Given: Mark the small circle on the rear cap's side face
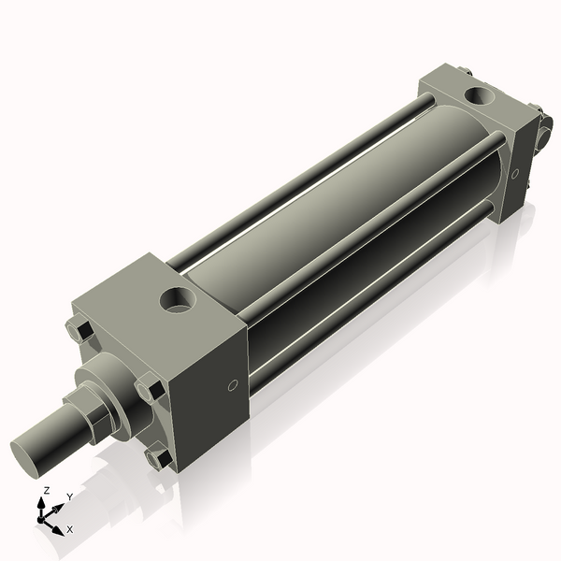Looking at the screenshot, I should (x=514, y=174).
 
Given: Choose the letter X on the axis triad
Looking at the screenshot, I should (x=69, y=529).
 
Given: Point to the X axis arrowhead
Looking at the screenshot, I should (x=58, y=525).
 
